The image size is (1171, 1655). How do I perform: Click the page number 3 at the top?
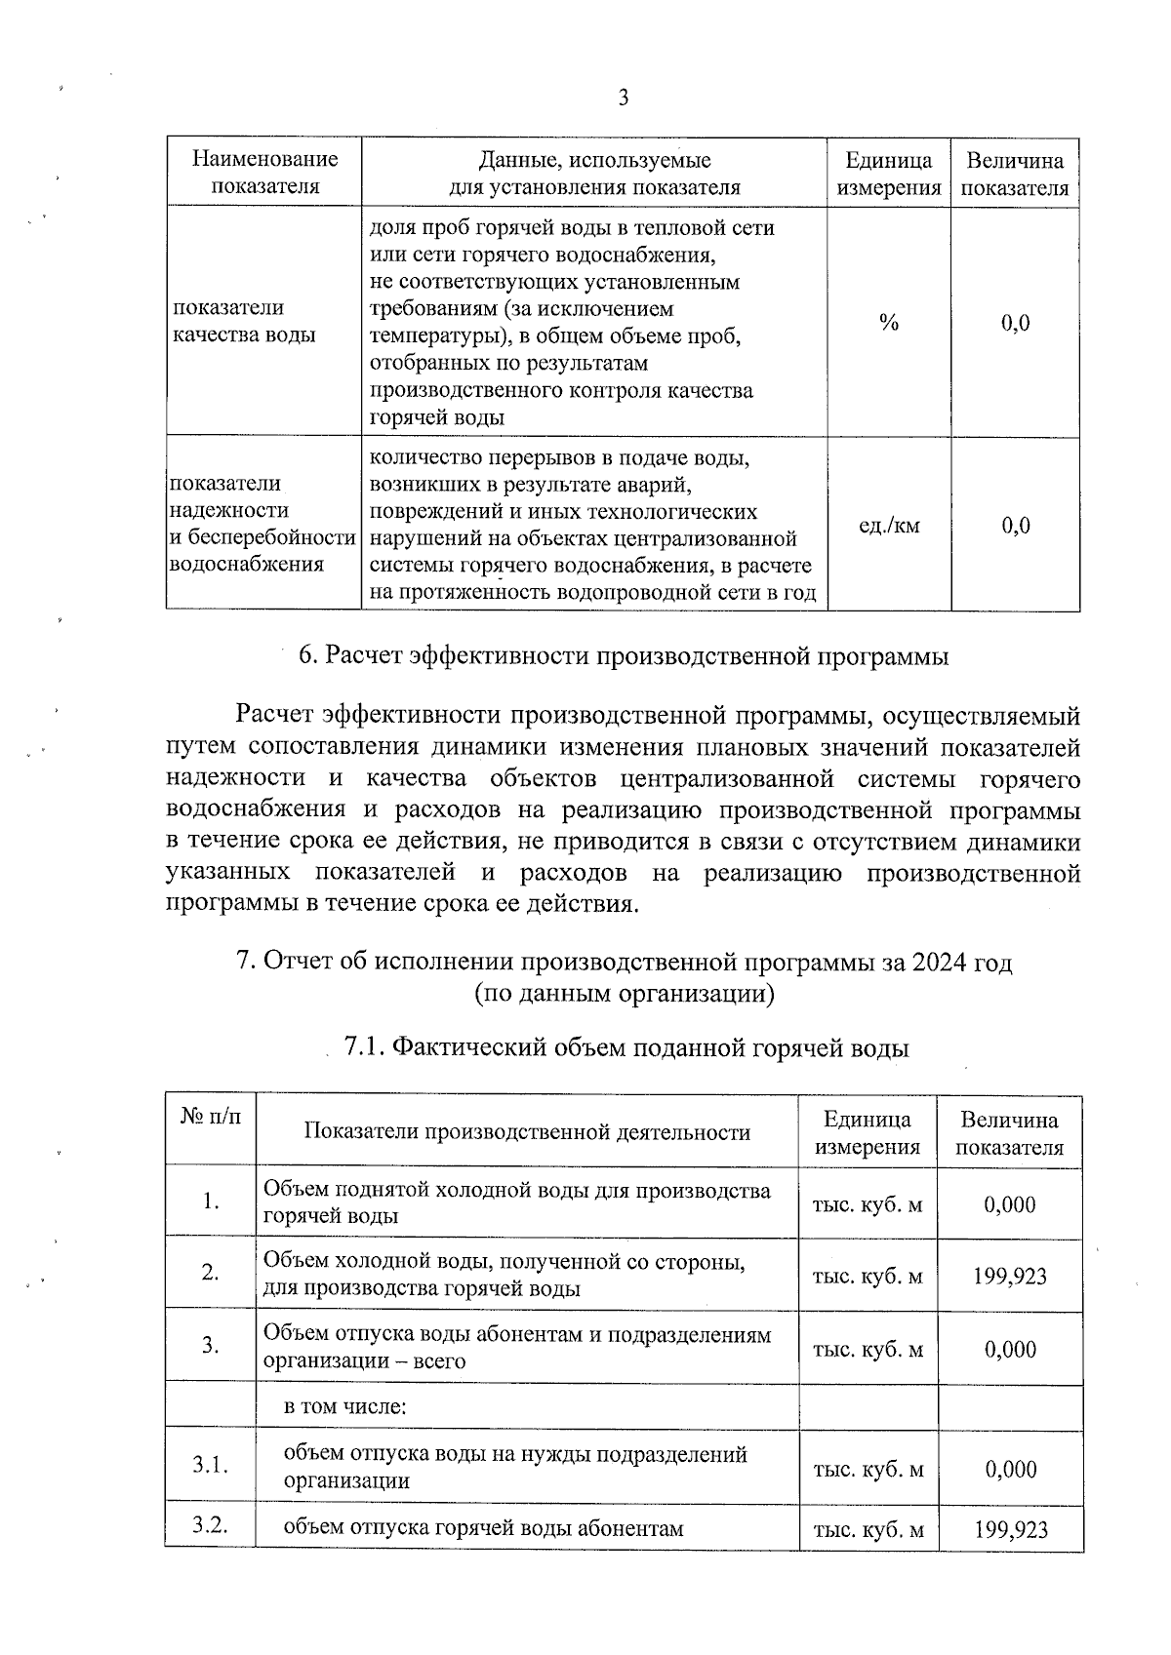(623, 98)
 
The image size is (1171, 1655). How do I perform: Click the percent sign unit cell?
(888, 323)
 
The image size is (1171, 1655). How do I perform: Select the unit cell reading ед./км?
(888, 526)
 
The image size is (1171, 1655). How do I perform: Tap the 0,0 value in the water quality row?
(1015, 323)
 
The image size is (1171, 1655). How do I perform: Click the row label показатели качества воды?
(244, 321)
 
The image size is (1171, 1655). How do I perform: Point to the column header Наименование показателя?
(264, 173)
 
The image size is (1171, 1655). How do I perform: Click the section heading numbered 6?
(623, 656)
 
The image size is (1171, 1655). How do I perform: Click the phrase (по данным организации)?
(625, 994)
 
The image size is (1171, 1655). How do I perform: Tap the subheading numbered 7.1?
(626, 1048)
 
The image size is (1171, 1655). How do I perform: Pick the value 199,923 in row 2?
(1010, 1276)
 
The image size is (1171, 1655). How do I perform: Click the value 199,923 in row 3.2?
(1010, 1529)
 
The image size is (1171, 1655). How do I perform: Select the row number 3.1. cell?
(210, 1465)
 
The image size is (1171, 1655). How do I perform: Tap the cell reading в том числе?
(344, 1406)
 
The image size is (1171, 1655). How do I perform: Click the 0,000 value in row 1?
(1010, 1204)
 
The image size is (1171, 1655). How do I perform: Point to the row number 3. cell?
(210, 1347)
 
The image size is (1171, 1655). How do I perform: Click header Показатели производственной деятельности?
(527, 1131)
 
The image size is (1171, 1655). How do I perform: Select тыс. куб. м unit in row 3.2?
(868, 1529)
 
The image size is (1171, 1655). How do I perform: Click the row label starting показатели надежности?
(262, 524)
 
